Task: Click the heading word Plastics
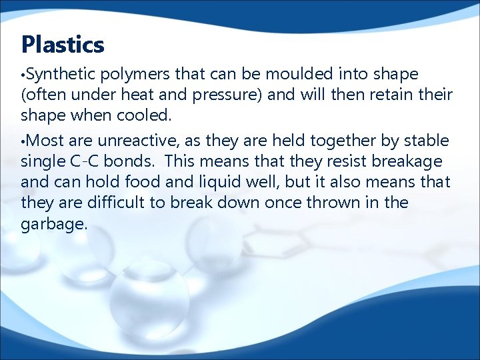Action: click(63, 45)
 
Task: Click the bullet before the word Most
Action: click(23, 141)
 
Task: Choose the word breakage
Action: click(414, 161)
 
